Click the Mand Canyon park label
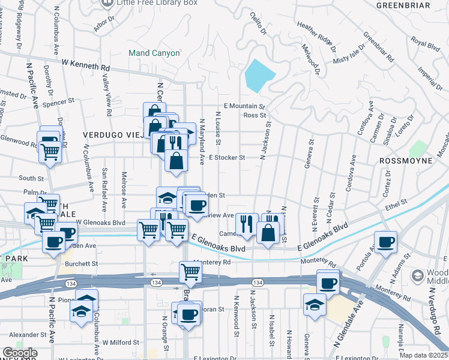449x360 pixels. click(154, 53)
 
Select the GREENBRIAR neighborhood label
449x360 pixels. click(403, 5)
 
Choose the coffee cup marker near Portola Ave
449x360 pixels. click(385, 242)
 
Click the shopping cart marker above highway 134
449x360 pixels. click(190, 271)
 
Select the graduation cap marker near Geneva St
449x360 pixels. click(315, 304)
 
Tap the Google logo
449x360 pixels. click(20, 353)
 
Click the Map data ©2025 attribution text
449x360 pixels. click(424, 355)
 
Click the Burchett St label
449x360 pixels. click(82, 263)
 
